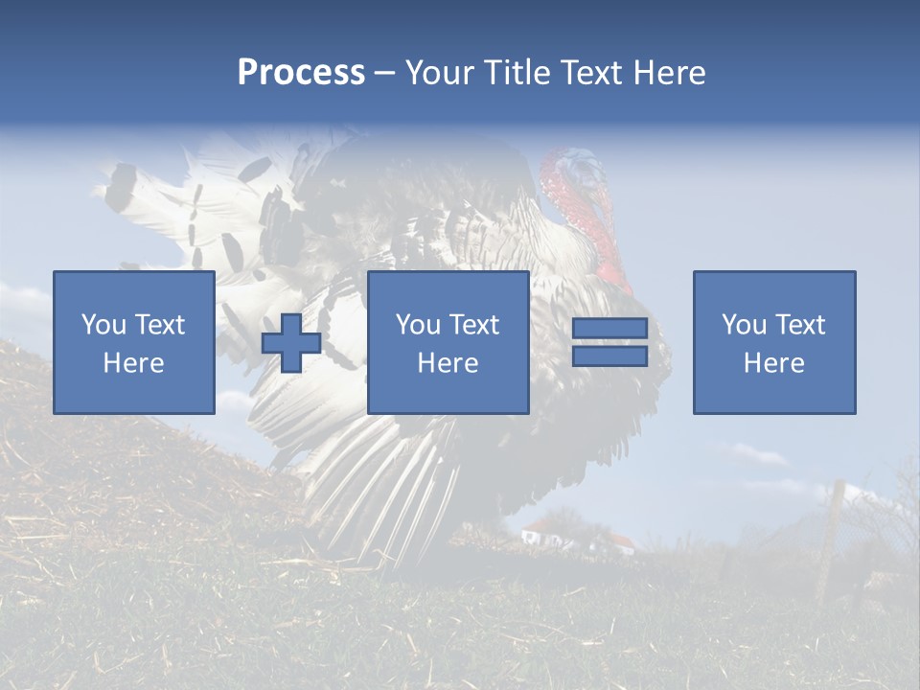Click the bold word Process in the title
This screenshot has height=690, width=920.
(x=301, y=73)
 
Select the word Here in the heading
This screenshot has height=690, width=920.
(x=668, y=73)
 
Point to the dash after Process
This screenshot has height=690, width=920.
(x=384, y=74)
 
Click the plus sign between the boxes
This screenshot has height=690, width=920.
(x=291, y=343)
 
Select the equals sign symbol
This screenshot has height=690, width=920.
(x=609, y=342)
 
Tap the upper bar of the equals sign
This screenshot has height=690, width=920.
(x=609, y=329)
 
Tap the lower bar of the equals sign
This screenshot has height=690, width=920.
(x=609, y=356)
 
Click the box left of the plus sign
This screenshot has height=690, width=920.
(x=134, y=342)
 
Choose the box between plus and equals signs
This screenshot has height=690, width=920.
(x=448, y=342)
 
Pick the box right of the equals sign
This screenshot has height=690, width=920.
(x=773, y=342)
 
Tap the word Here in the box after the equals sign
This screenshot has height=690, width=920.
(x=773, y=363)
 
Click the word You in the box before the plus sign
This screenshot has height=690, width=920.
(x=103, y=325)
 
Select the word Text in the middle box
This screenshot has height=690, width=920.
(x=474, y=325)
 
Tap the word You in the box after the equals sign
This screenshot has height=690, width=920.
(x=744, y=325)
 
